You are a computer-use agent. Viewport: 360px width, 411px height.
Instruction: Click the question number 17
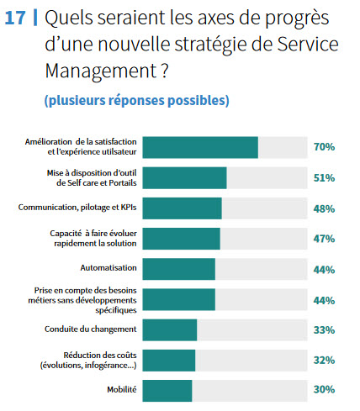pos(15,18)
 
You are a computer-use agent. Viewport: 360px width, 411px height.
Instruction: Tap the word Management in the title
pos(101,71)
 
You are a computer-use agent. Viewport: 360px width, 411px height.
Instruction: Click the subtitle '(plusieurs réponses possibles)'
pos(137,100)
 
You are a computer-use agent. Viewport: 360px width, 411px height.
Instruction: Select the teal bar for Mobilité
pos(167,391)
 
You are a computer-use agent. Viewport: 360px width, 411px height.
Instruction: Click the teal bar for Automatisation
pos(179,269)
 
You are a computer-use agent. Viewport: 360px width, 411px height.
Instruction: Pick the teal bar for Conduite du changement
pos(170,329)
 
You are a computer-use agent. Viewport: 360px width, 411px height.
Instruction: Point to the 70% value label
pos(324,147)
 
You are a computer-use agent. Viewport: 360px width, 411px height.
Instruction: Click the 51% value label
pos(324,178)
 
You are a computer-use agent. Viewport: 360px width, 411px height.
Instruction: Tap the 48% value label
pos(324,208)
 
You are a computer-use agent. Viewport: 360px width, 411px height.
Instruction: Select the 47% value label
pos(324,239)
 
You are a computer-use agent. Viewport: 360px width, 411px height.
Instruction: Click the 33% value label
pos(324,330)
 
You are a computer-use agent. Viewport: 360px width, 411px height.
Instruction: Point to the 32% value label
pos(324,361)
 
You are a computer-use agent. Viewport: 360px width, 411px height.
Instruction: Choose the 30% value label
pos(324,389)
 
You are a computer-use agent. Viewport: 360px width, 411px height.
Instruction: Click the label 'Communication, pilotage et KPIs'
pos(77,208)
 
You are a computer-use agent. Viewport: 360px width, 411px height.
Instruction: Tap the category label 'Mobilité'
pos(122,389)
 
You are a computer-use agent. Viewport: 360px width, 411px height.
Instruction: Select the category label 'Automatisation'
pos(109,268)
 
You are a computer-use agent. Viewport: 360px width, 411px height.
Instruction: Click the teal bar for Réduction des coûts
pos(169,361)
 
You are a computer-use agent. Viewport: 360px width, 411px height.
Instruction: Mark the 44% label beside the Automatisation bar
pos(324,270)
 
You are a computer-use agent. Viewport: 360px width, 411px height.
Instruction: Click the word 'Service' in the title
pos(308,45)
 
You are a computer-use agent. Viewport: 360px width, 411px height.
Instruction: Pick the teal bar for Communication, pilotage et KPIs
pos(182,208)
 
